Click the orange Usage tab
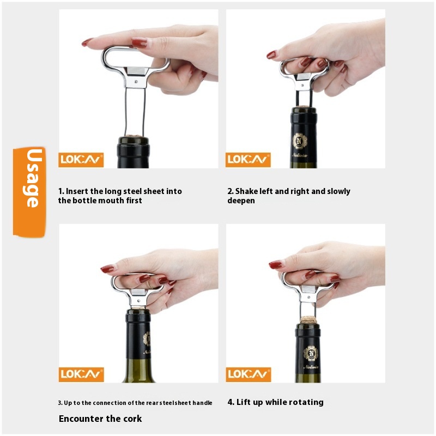[29, 192]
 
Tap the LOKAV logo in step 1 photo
[81, 160]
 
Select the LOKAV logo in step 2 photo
[248, 160]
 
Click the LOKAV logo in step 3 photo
[81, 374]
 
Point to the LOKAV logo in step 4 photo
[249, 374]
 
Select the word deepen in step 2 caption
[241, 201]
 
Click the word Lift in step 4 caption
[242, 402]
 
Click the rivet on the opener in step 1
[136, 82]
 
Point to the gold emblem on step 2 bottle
[300, 141]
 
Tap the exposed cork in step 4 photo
[308, 319]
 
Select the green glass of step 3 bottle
[139, 371]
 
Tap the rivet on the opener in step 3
[139, 300]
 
